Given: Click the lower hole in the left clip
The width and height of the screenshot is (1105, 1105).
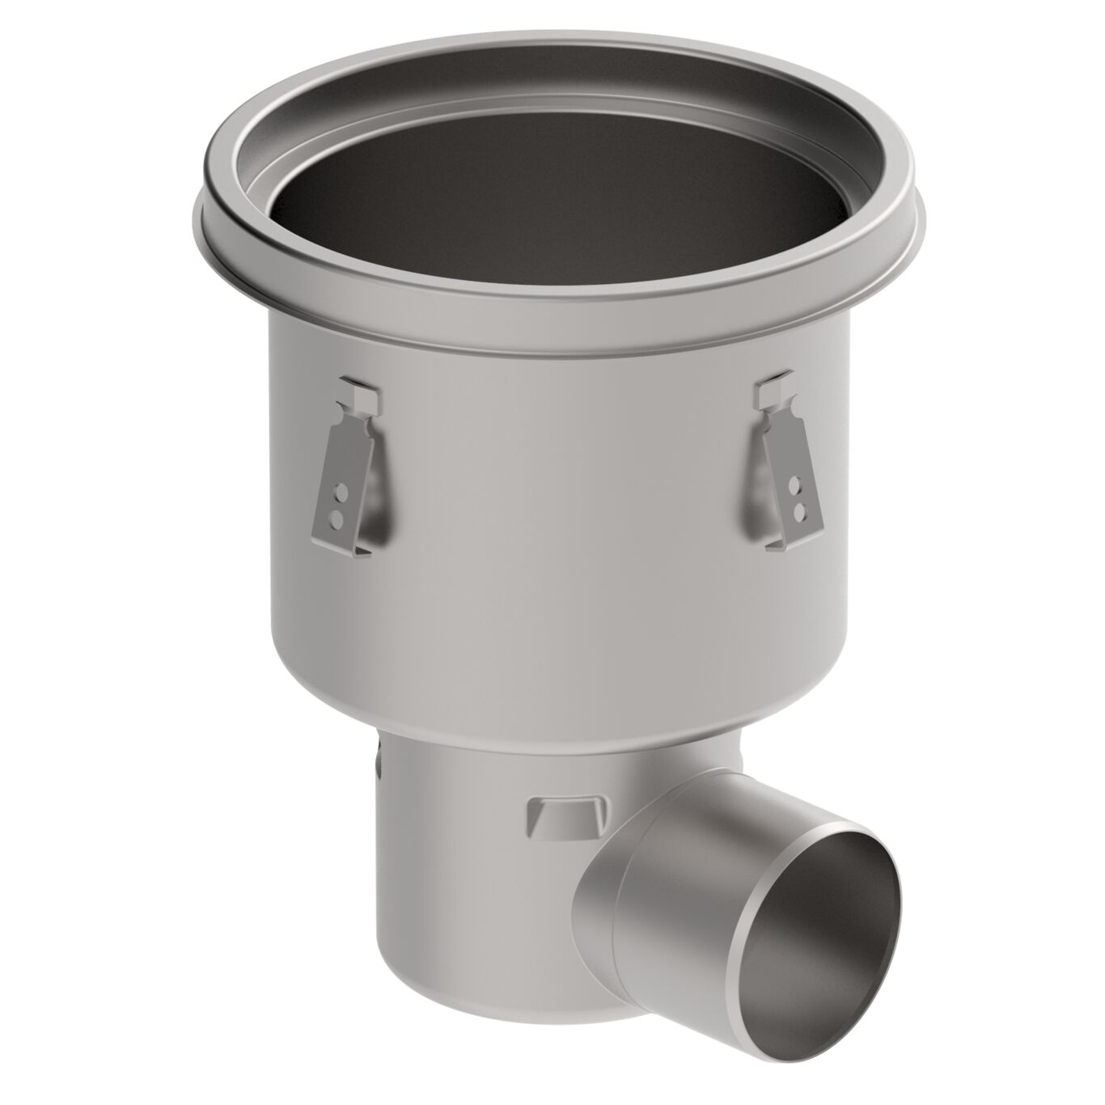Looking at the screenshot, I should pyautogui.click(x=338, y=513).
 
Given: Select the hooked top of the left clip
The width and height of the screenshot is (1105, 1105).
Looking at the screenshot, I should pyautogui.click(x=356, y=391).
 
